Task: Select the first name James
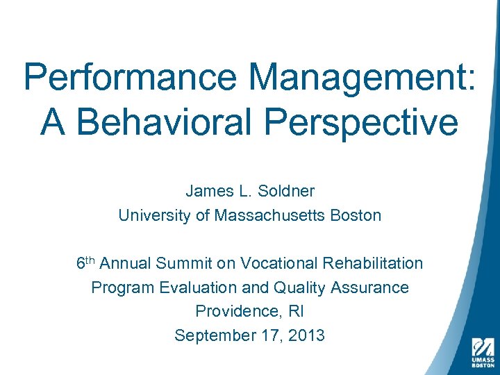click(206, 191)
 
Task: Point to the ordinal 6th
click(85, 263)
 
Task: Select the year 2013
click(306, 335)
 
